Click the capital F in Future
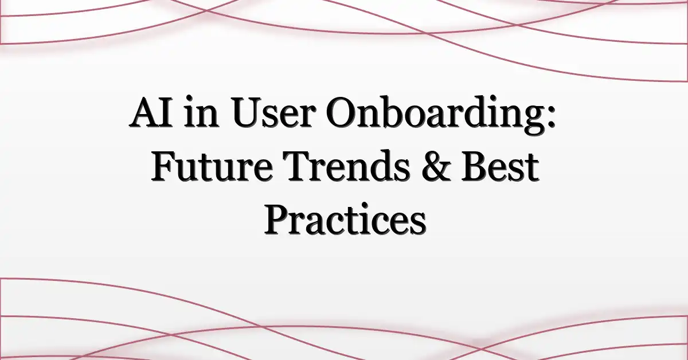pos(163,170)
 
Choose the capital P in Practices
pos(277,222)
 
